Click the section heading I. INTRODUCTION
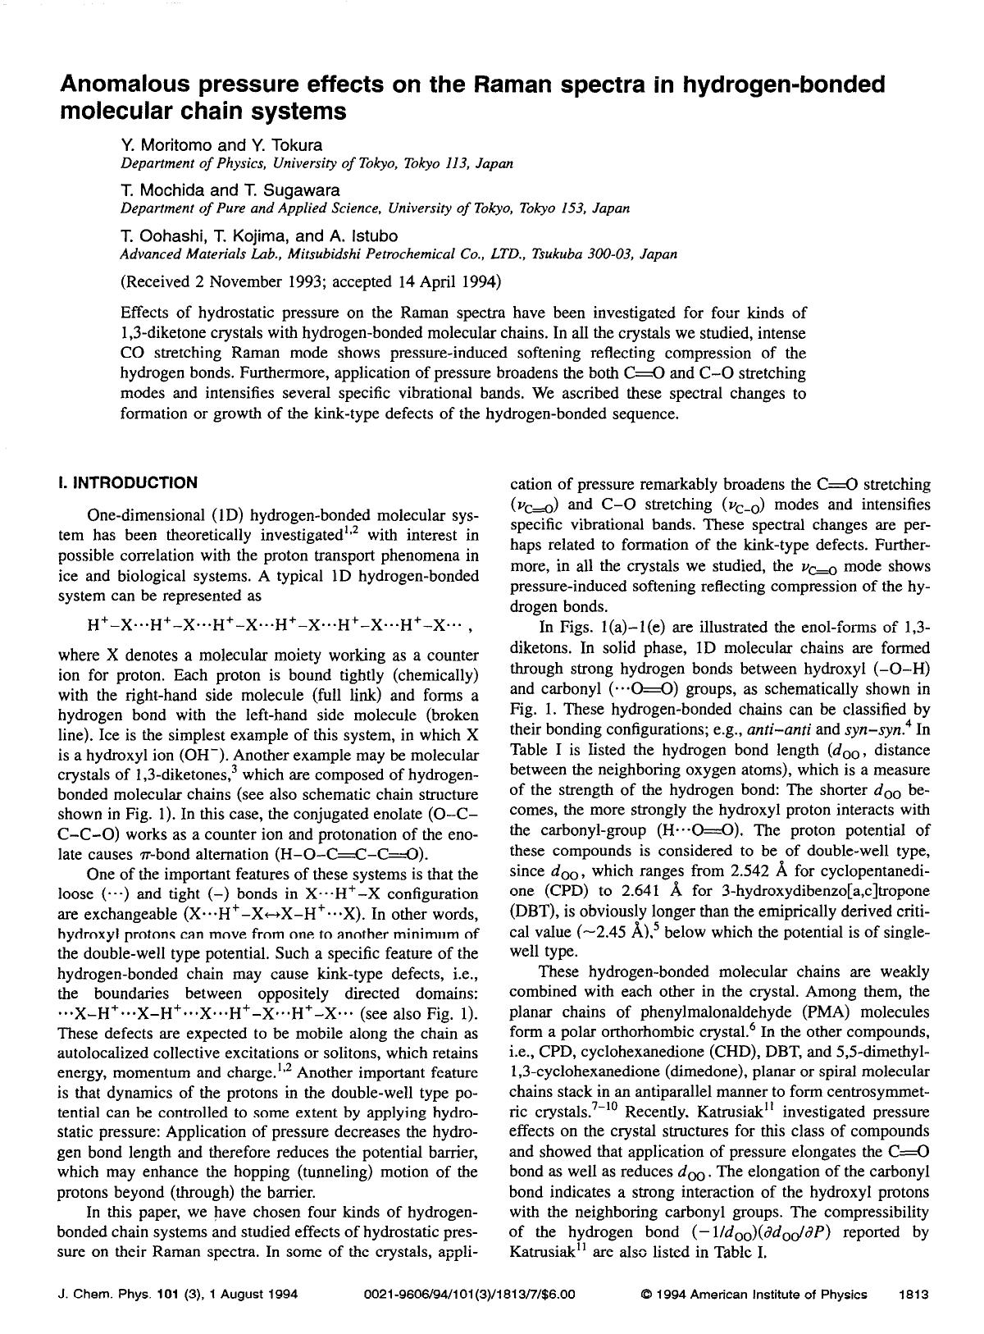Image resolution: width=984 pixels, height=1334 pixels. [128, 482]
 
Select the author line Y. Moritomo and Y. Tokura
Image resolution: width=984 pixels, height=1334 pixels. [221, 146]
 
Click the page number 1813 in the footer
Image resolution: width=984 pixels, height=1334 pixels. [913, 1295]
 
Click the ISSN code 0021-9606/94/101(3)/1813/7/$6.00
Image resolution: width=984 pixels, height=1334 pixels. [470, 1295]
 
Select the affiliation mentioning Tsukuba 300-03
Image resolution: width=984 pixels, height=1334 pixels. [399, 254]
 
